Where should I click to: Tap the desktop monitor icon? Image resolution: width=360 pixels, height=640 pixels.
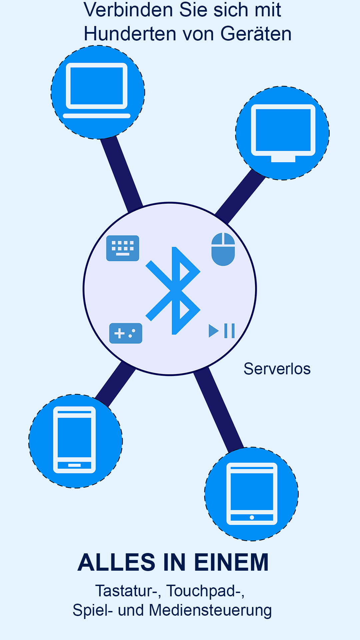tap(283, 133)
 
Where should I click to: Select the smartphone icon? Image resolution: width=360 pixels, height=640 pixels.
tap(74, 440)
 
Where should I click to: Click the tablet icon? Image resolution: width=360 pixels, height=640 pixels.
tap(252, 494)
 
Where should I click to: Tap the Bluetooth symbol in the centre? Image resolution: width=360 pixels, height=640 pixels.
tap(173, 291)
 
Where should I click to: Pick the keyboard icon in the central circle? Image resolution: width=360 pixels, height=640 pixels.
tap(123, 248)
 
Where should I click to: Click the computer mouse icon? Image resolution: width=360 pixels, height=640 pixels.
tap(223, 249)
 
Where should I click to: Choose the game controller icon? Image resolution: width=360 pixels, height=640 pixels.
tap(126, 333)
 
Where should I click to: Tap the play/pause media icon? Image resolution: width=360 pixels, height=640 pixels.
tap(222, 331)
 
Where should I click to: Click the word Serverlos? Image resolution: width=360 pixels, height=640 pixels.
tap(277, 369)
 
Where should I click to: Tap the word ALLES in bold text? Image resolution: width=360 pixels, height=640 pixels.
tap(117, 563)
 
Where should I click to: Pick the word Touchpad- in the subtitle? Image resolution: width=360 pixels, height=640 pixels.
tap(206, 591)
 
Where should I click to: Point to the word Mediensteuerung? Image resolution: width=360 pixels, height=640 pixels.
tap(210, 610)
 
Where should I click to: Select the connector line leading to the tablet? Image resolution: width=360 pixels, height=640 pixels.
tap(219, 410)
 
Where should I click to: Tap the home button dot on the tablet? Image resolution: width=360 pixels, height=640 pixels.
tap(252, 517)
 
